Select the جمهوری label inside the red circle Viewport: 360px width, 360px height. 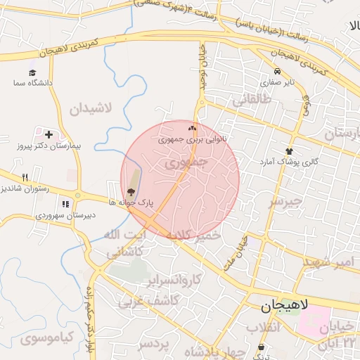(x=186, y=163)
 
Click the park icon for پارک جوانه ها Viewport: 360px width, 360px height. (x=131, y=193)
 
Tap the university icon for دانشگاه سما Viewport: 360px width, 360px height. (x=32, y=72)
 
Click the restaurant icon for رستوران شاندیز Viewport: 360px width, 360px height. (x=25, y=177)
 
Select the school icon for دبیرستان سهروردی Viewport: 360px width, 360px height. (x=65, y=205)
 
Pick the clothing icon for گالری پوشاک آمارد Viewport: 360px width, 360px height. (x=289, y=151)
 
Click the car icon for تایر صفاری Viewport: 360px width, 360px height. (x=278, y=72)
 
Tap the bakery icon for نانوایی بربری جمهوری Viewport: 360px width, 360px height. (x=193, y=129)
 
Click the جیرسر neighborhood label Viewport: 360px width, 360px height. (x=285, y=201)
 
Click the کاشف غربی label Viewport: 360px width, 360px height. (x=150, y=301)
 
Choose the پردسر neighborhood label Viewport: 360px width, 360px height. (x=154, y=345)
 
